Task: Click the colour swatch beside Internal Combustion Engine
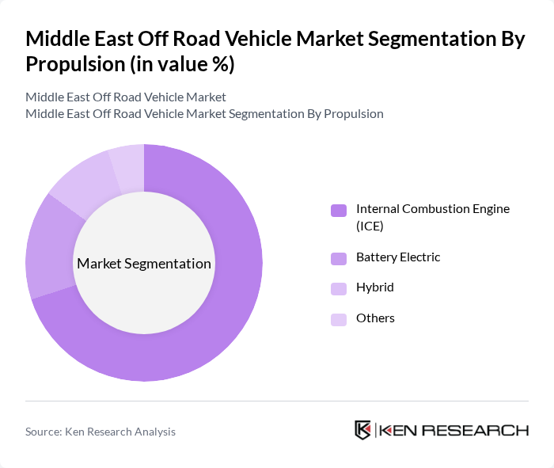click(338, 211)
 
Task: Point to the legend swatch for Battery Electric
click(338, 258)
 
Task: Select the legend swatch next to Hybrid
click(338, 288)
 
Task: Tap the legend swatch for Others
click(338, 319)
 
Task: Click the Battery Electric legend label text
click(398, 257)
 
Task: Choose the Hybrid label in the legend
click(374, 287)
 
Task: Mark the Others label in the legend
click(375, 318)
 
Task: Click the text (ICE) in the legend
click(370, 226)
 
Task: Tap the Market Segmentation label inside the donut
click(144, 264)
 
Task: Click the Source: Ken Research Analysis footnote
click(101, 432)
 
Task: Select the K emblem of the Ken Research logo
click(362, 430)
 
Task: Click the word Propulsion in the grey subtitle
click(354, 113)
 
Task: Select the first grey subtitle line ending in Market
click(126, 97)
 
